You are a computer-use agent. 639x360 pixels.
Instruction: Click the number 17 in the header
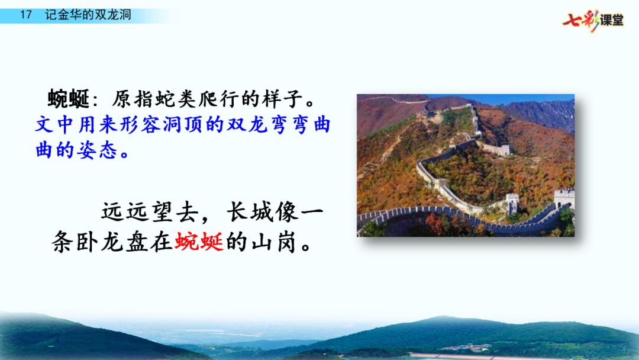(x=25, y=15)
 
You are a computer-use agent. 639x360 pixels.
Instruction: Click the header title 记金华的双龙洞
(x=88, y=15)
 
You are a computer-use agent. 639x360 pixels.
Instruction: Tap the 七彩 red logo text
(x=581, y=20)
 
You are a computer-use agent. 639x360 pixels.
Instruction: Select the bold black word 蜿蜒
(x=69, y=99)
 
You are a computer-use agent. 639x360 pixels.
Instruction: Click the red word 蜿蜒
(x=199, y=242)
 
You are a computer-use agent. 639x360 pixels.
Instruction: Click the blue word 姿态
(x=98, y=150)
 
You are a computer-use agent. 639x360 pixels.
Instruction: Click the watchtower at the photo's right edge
(x=564, y=199)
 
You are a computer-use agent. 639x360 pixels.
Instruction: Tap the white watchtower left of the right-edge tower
(x=512, y=204)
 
